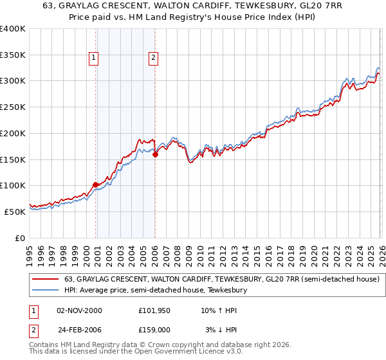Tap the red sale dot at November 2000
[x=96, y=184]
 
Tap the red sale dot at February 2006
[x=156, y=154]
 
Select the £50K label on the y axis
[x=15, y=212]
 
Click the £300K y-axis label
[x=13, y=81]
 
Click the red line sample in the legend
[x=46, y=280]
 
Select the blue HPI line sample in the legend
[x=46, y=291]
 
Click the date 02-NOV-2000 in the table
[x=80, y=310]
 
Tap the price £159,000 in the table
[x=154, y=329]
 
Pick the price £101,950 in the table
[x=154, y=310]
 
